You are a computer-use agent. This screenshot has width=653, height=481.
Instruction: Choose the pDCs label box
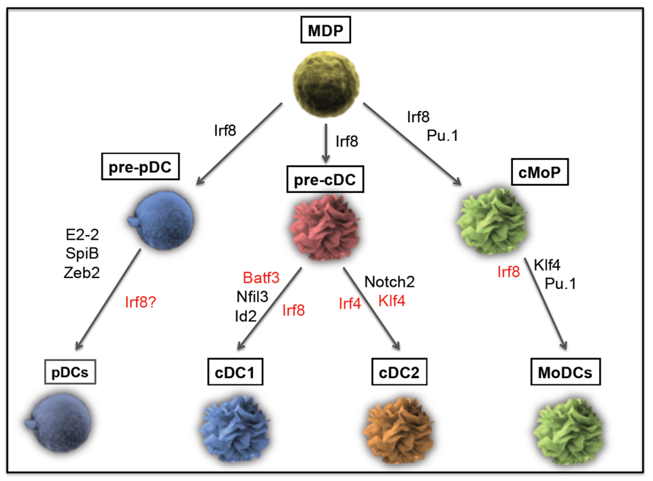click(67, 373)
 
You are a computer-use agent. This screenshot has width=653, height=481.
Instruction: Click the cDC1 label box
click(235, 373)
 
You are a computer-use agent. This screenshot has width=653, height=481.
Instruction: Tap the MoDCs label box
click(559, 373)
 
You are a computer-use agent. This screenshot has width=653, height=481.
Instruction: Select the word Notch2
click(389, 281)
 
